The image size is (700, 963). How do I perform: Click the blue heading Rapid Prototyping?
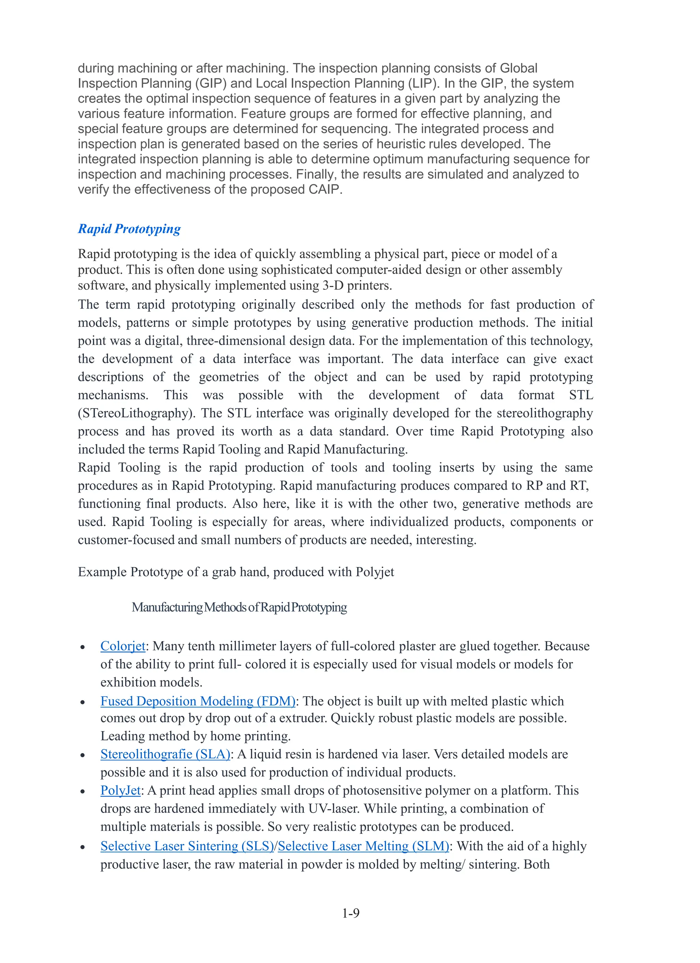click(129, 229)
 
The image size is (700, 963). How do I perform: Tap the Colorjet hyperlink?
click(123, 646)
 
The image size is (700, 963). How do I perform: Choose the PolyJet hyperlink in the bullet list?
click(120, 790)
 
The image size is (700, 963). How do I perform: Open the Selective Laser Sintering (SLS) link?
click(187, 846)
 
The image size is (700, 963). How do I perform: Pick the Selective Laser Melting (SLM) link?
click(363, 846)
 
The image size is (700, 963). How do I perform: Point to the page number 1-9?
click(350, 912)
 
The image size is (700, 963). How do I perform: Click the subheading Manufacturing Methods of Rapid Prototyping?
click(239, 607)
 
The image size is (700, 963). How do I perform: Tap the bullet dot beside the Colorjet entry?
click(83, 647)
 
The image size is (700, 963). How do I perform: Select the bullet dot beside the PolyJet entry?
click(83, 792)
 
